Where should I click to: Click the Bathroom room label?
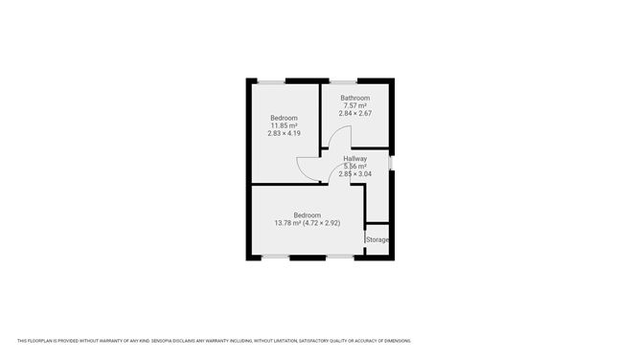click(354, 98)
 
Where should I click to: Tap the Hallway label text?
click(354, 159)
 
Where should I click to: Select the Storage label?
click(377, 239)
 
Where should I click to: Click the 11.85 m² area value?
click(284, 125)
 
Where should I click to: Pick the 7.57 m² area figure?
click(354, 105)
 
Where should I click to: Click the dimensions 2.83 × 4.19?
click(284, 133)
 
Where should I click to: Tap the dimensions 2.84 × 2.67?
click(354, 113)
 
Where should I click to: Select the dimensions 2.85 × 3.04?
click(354, 173)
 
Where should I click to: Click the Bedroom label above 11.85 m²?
click(284, 118)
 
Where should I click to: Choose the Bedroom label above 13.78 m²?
click(307, 215)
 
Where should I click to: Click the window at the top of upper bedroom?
click(271, 80)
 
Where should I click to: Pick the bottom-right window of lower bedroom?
click(339, 257)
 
